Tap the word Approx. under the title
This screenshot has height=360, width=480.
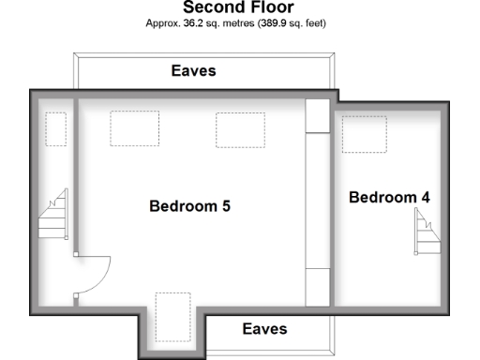[167, 22]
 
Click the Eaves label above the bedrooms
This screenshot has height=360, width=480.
[193, 70]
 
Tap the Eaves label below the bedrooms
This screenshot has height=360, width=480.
[264, 329]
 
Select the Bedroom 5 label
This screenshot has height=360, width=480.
[190, 206]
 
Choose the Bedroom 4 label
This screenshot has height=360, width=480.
[390, 198]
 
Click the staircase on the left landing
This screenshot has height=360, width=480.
[52, 216]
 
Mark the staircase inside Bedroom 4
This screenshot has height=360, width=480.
[427, 231]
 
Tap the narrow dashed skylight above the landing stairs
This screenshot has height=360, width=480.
[56, 129]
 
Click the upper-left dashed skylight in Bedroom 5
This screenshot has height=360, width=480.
[134, 128]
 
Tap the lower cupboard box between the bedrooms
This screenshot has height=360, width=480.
[319, 287]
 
